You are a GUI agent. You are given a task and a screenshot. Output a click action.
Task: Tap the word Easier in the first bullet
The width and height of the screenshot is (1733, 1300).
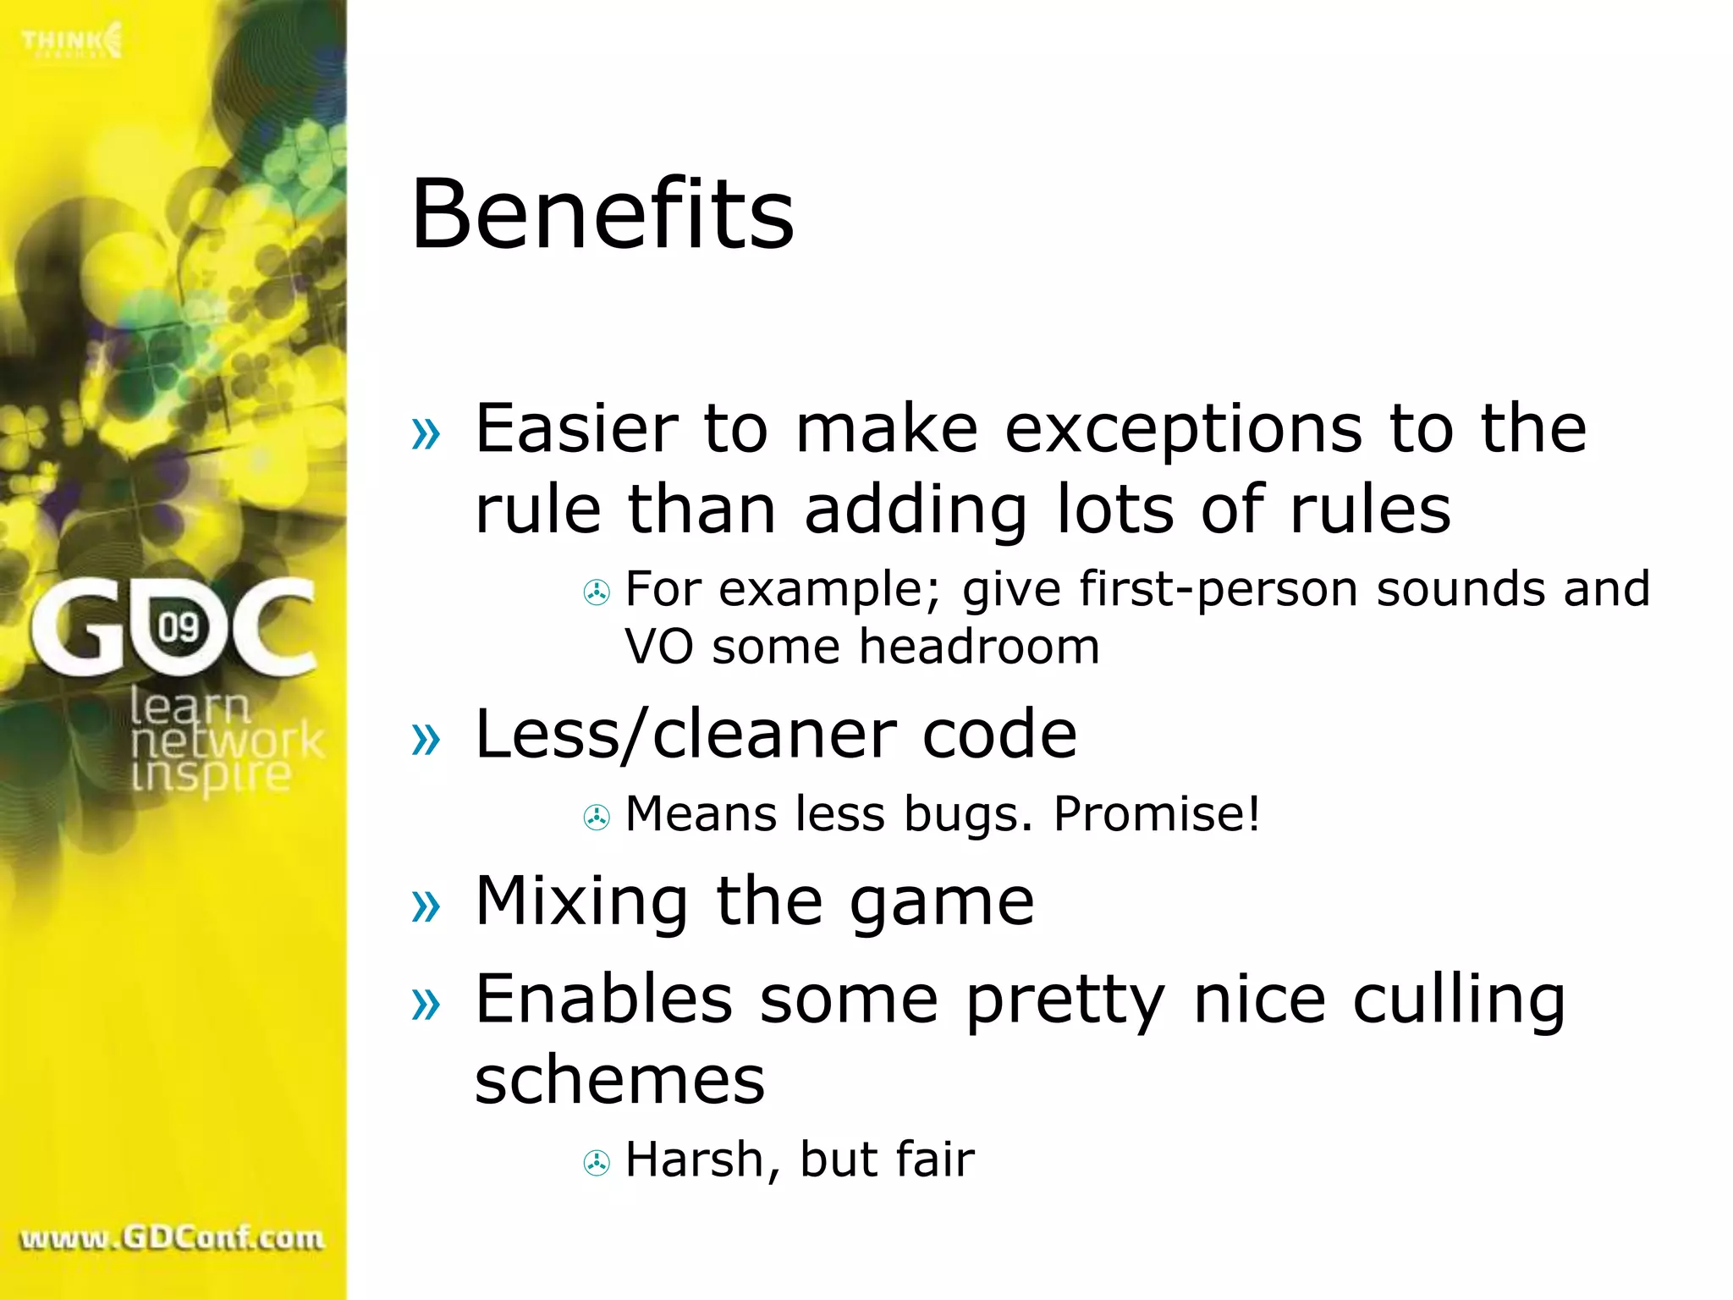pyautogui.click(x=576, y=428)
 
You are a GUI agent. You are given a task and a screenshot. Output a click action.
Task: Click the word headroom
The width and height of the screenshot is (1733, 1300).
pyautogui.click(x=979, y=647)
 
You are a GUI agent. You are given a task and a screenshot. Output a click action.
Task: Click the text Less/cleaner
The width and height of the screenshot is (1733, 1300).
pyautogui.click(x=685, y=734)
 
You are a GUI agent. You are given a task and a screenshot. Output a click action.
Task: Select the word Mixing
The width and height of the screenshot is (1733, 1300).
pyautogui.click(x=581, y=901)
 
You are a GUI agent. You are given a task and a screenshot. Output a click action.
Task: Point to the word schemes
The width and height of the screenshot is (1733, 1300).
pyautogui.click(x=619, y=1080)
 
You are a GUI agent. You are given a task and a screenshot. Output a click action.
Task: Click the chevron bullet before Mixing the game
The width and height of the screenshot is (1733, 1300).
pyautogui.click(x=426, y=906)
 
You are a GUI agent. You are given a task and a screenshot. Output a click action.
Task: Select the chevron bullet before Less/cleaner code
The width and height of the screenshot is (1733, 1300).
pyautogui.click(x=426, y=739)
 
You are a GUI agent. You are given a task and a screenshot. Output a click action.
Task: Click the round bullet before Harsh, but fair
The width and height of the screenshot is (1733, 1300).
pyautogui.click(x=597, y=1163)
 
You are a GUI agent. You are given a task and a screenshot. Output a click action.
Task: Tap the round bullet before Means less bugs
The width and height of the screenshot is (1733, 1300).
pyautogui.click(x=597, y=818)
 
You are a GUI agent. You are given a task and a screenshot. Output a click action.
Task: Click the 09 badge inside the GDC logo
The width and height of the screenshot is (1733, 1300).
pyautogui.click(x=179, y=628)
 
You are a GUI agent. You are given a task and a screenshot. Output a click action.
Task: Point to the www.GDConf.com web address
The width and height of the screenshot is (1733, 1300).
pyautogui.click(x=172, y=1238)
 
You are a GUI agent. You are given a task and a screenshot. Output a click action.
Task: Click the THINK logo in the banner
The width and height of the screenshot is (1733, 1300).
pyautogui.click(x=72, y=41)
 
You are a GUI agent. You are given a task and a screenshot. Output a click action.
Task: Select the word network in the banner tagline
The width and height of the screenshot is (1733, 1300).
pyautogui.click(x=227, y=741)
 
